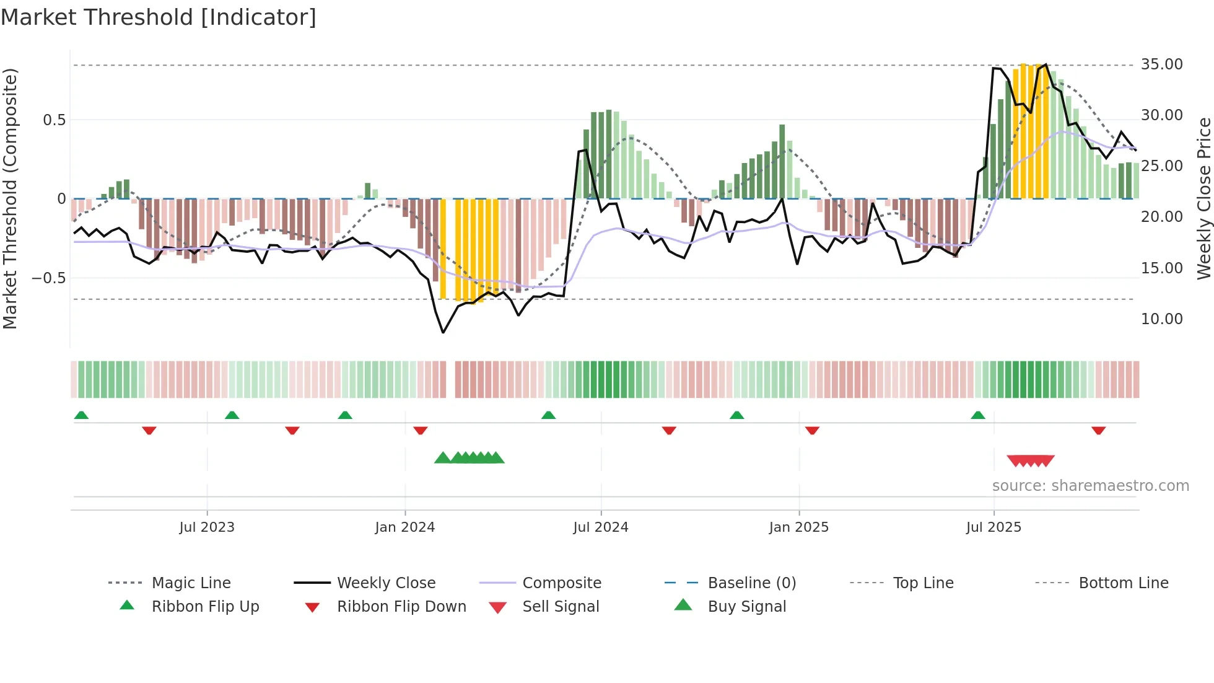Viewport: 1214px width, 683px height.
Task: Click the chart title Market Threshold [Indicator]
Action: coord(159,17)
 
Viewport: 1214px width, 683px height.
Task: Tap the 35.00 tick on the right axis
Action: coord(1161,64)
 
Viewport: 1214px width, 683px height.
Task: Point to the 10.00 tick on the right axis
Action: coord(1161,319)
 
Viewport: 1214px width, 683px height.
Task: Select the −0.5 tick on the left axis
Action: coord(48,278)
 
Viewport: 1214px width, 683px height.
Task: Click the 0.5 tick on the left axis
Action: coord(54,120)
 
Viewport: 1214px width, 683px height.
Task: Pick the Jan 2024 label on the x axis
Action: coord(404,527)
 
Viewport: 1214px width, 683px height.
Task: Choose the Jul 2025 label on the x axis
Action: coord(993,527)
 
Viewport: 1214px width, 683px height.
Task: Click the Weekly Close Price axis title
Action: coord(1203,198)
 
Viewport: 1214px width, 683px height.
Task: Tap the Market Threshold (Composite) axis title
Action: coord(10,198)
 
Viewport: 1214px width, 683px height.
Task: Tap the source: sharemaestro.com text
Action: coord(1090,486)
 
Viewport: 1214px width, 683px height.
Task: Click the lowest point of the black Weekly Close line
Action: coord(443,333)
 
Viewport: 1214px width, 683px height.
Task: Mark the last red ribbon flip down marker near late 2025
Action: coord(1098,430)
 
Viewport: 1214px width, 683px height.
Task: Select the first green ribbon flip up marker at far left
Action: coord(81,415)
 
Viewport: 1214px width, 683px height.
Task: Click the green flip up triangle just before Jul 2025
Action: coord(977,415)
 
